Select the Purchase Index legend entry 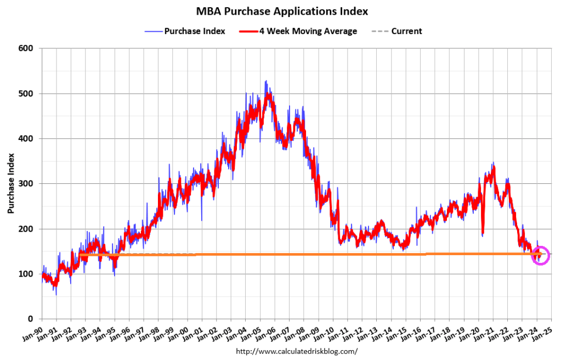coord(195,31)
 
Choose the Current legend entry coord(406,31)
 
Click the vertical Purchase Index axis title coord(11,184)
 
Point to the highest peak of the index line coord(266,81)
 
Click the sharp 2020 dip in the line coord(483,235)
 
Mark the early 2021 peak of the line coord(494,164)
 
